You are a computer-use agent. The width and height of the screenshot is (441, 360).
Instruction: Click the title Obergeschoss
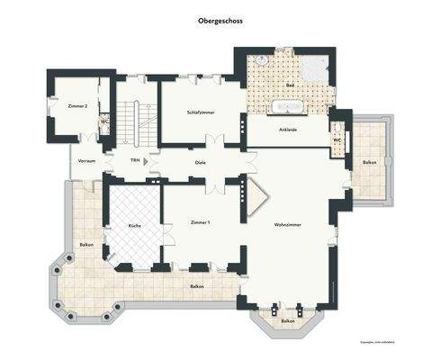pos(220,19)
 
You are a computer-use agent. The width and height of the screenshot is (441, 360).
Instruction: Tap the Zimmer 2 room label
pos(77,106)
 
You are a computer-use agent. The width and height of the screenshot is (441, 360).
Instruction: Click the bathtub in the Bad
pos(289,107)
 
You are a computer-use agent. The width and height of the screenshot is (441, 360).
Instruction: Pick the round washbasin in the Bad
pos(260,59)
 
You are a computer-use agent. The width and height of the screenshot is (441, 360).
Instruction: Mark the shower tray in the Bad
pos(320,67)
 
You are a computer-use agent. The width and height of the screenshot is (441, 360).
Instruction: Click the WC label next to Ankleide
pos(337,140)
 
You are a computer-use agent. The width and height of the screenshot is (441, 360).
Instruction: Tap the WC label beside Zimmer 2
pos(104,121)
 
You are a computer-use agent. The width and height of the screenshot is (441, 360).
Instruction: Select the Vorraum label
pos(86,161)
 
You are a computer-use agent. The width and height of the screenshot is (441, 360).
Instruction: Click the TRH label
pos(134,162)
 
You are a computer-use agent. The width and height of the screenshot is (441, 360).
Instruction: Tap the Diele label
pos(201,162)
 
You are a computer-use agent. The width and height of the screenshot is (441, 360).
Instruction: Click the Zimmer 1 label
pos(201,221)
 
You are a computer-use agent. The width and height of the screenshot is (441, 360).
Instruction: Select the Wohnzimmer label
pos(288,225)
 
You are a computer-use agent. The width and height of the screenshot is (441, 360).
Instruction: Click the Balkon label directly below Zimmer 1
pos(196,286)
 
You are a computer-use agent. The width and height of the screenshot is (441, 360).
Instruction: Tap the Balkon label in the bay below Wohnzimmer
pos(287,320)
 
